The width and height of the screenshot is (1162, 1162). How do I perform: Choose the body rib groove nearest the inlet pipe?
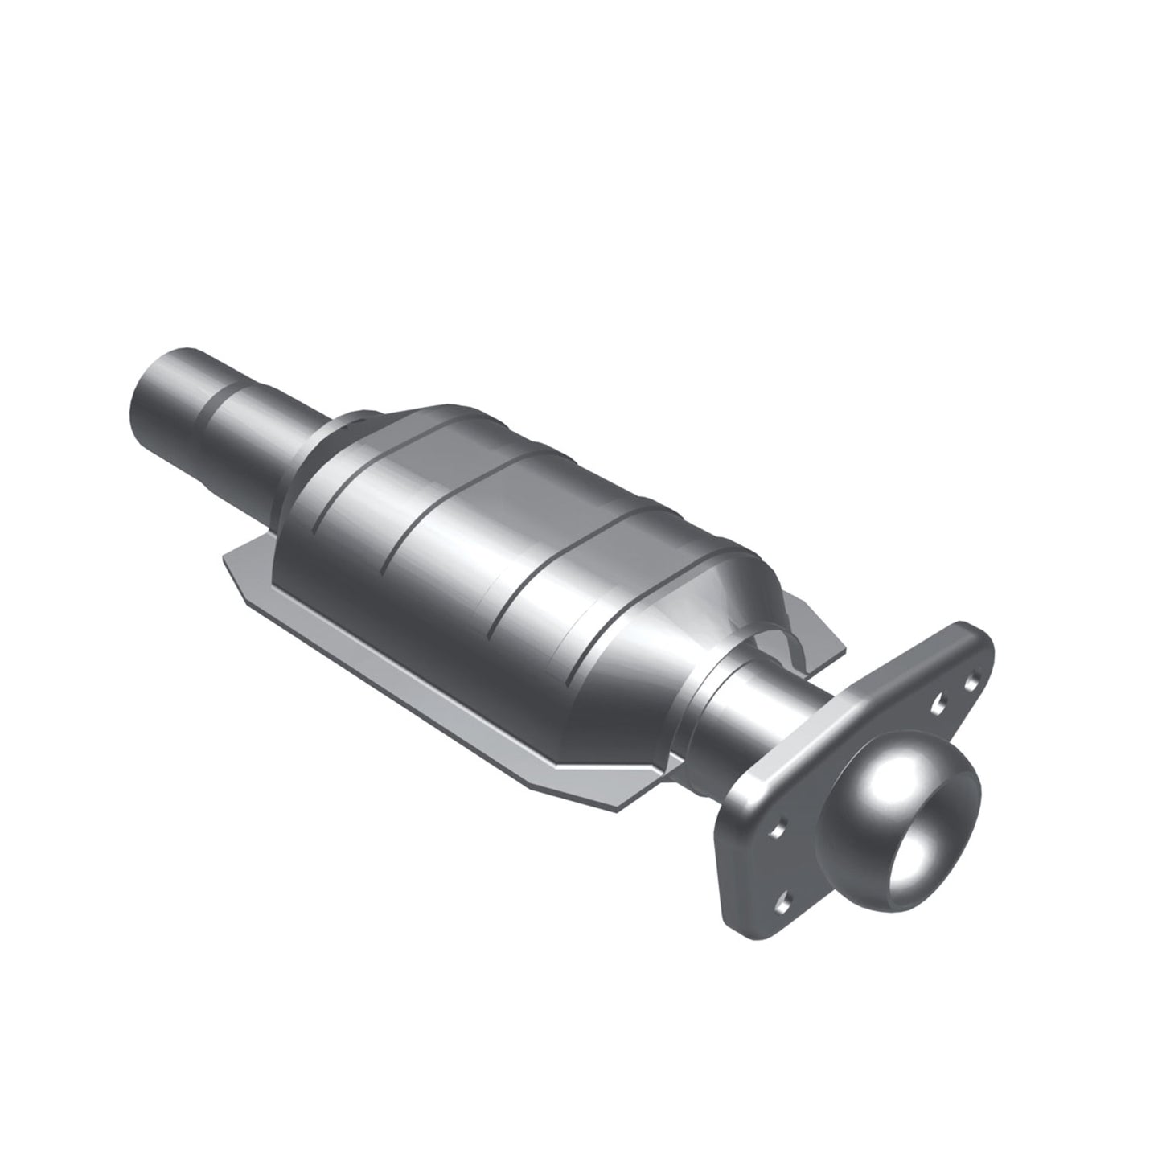[x=338, y=482]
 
